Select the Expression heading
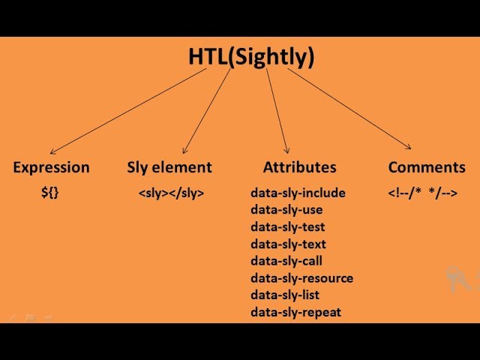[x=51, y=167]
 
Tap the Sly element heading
[x=169, y=167]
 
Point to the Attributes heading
[x=299, y=167]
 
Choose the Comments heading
[x=427, y=167]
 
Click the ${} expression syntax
[x=49, y=193]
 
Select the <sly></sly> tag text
[x=171, y=193]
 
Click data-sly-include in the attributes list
[x=298, y=193]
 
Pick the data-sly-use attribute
[x=287, y=210]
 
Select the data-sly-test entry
[x=288, y=226]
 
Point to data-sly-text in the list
[x=288, y=244]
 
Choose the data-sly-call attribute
[x=286, y=261]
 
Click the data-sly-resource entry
[x=301, y=278]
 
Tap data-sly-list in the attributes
[x=285, y=295]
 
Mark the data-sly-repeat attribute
[x=295, y=312]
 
